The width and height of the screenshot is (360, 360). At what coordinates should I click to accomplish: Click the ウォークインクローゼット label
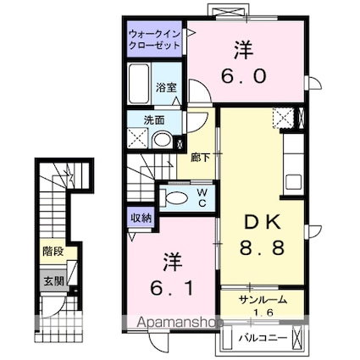(154, 40)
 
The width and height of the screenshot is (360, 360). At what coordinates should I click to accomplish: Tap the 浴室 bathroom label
(167, 88)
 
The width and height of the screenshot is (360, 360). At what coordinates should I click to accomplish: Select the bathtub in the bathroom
(139, 84)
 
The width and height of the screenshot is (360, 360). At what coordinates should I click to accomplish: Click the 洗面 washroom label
(154, 120)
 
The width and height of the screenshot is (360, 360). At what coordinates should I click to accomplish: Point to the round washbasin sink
(162, 140)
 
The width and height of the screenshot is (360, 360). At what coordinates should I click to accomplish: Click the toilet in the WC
(174, 197)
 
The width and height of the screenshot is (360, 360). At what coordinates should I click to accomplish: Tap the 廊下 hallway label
(200, 158)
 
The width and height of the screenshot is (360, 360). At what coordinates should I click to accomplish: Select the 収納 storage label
(141, 218)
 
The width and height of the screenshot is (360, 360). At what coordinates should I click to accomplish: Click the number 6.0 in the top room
(244, 76)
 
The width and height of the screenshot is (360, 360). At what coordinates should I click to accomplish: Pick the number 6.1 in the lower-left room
(172, 288)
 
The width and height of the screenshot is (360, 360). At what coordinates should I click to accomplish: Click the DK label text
(263, 223)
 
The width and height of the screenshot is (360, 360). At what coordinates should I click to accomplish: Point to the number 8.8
(262, 248)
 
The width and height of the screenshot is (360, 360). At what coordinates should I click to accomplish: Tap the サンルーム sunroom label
(263, 300)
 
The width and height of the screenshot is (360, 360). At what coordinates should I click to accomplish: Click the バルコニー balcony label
(263, 338)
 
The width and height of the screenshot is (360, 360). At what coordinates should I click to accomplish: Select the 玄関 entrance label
(53, 281)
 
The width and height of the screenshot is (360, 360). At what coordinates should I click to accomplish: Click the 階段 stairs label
(53, 251)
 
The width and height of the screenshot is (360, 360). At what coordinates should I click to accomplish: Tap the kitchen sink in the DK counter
(294, 182)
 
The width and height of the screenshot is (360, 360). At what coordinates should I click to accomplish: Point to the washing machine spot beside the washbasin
(137, 138)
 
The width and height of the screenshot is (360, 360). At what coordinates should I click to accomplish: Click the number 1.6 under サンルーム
(263, 313)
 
